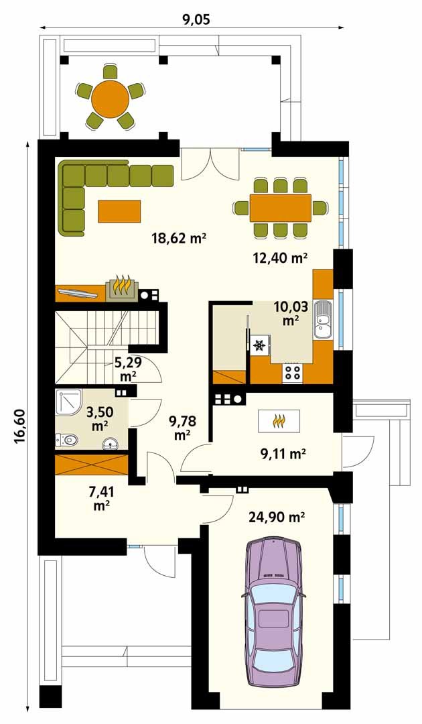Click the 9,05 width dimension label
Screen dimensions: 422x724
pos(194,19)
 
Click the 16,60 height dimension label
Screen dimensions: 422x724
pos(19,428)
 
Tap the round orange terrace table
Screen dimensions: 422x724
pos(111,97)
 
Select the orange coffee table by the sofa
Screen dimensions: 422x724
pos(119,210)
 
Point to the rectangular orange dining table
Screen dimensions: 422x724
pos(281,208)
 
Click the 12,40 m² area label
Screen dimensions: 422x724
pos(280,258)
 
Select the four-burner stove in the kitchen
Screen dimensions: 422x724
pos(293,371)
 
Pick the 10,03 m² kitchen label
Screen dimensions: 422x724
pos(289,312)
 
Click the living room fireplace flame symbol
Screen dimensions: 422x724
pos(121,288)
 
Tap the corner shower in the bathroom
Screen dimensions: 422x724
pos(68,404)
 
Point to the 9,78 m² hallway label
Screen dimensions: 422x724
pos(183,427)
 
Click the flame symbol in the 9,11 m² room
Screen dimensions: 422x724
pos(279,420)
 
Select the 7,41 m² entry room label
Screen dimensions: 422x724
pos(101,498)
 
